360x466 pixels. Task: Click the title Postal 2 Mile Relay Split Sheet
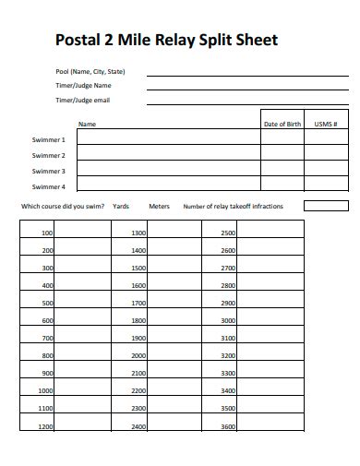click(166, 41)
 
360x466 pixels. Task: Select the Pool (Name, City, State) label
click(90, 71)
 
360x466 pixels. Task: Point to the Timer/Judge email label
click(82, 100)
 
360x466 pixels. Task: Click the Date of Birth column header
click(282, 124)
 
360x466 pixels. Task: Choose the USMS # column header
click(326, 124)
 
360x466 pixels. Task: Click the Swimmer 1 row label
click(49, 140)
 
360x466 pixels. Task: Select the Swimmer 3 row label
click(49, 171)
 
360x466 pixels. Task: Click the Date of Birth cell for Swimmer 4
click(282, 186)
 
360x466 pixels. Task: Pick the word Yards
click(120, 207)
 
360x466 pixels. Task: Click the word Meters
click(159, 207)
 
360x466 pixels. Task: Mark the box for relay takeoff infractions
click(326, 206)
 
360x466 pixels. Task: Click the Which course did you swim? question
click(63, 207)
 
